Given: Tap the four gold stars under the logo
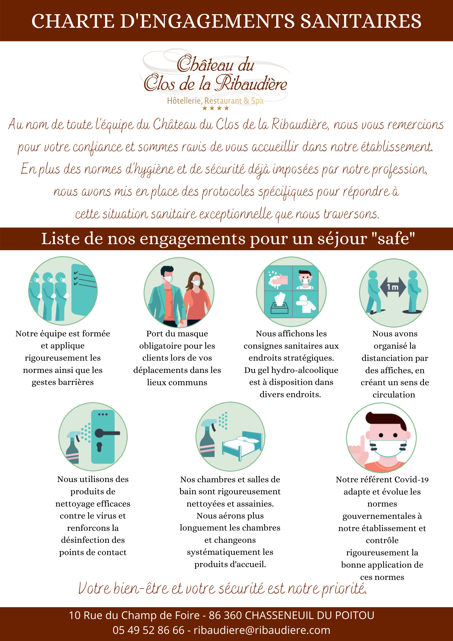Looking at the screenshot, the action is (216, 108).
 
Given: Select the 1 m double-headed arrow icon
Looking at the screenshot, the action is (393, 287).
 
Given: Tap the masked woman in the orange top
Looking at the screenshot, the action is (196, 297).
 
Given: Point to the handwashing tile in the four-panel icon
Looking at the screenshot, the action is (278, 278).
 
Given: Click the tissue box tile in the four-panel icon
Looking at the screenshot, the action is (278, 304).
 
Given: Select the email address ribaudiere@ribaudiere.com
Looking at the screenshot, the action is (262, 630).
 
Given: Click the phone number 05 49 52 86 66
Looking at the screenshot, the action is (148, 630).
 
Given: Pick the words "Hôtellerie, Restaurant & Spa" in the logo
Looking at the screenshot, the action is (215, 101).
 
